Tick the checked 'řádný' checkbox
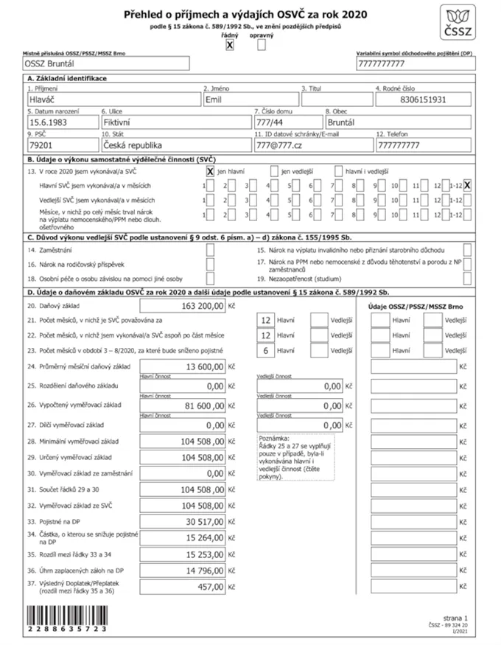229,45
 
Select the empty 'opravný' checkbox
262,45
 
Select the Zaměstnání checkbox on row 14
210,250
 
